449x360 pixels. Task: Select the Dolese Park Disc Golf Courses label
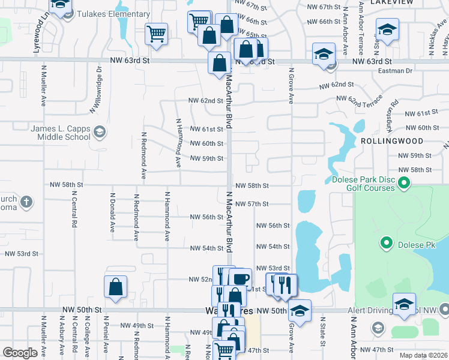click(x=363, y=184)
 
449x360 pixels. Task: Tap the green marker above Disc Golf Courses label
click(x=405, y=182)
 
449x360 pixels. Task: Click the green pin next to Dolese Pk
click(x=387, y=244)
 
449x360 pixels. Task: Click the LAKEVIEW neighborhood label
click(x=392, y=2)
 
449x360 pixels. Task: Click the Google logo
click(x=20, y=353)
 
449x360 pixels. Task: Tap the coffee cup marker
click(x=240, y=278)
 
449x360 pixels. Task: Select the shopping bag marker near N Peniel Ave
click(x=115, y=287)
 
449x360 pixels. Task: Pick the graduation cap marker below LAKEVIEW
click(x=387, y=29)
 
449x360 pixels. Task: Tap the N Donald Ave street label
click(x=112, y=213)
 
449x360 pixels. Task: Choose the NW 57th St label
click(x=252, y=204)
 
